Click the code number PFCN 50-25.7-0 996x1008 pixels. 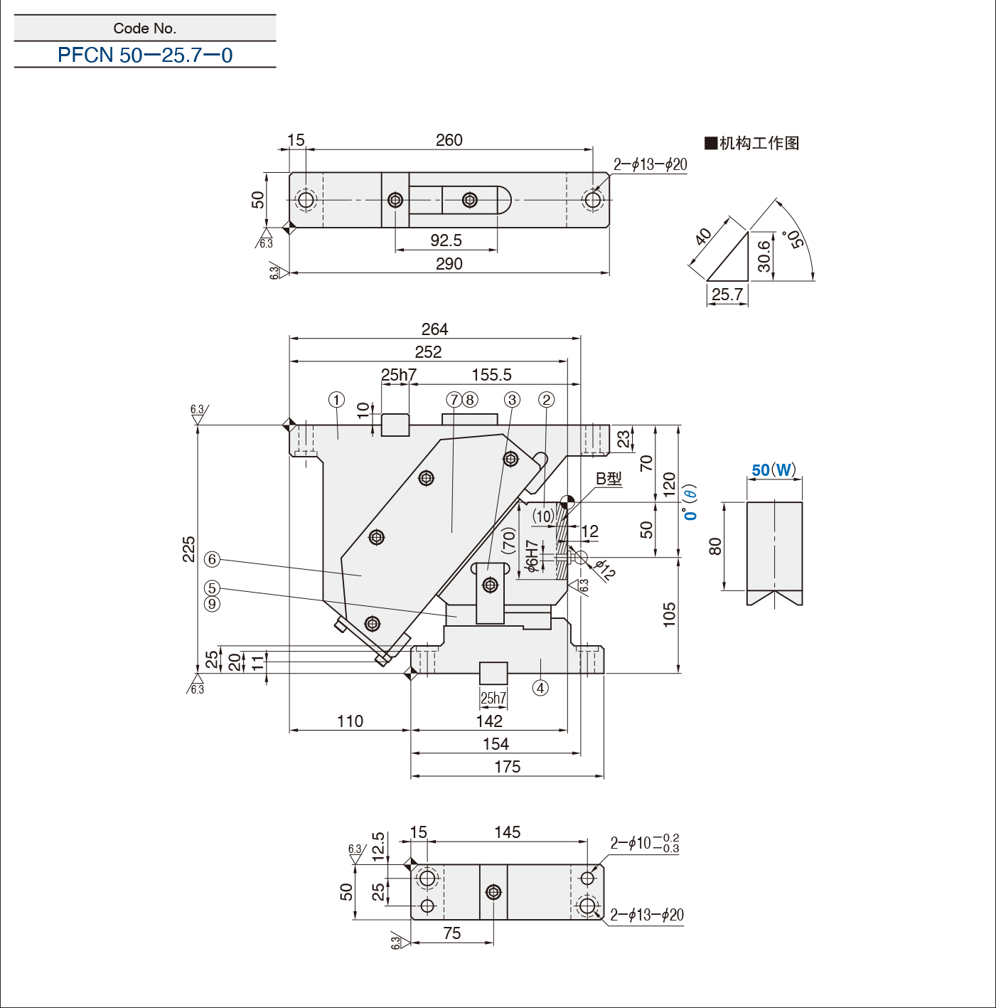click(145, 55)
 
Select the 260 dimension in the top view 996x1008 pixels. click(449, 140)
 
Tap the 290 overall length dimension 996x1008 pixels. click(449, 264)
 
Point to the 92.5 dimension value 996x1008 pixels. click(446, 240)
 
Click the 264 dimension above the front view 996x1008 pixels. click(434, 329)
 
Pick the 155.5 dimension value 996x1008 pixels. click(491, 375)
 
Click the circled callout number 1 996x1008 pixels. click(337, 400)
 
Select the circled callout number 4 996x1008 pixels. click(540, 688)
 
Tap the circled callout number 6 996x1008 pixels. click(212, 559)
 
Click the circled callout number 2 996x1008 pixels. click(546, 400)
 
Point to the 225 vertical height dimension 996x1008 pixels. click(189, 549)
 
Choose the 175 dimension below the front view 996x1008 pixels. click(507, 767)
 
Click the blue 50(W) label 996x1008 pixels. click(773, 470)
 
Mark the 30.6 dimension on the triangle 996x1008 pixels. click(764, 256)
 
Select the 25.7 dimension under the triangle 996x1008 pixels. click(727, 295)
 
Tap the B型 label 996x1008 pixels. click(609, 479)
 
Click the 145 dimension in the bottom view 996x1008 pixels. click(507, 832)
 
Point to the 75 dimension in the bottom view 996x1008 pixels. click(451, 933)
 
